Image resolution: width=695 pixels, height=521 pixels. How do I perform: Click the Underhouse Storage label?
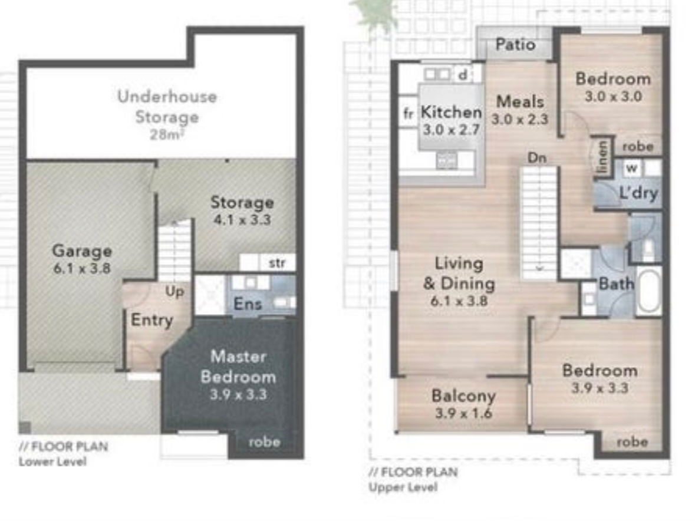(167, 107)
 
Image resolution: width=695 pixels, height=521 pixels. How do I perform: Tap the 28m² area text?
(166, 134)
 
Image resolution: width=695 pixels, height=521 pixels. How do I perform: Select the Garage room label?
(82, 250)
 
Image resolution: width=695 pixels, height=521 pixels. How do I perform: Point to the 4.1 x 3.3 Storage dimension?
(242, 220)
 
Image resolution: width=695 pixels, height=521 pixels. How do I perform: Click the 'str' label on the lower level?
(277, 263)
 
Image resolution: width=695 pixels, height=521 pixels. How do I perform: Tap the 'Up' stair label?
(174, 292)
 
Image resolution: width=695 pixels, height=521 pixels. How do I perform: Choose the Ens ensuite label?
(248, 304)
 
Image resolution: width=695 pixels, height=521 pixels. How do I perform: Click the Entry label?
(151, 320)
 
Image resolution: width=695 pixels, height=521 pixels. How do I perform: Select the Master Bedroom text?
(239, 367)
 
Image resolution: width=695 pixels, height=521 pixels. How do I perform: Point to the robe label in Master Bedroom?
(264, 441)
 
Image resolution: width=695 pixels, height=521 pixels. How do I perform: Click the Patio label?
(515, 44)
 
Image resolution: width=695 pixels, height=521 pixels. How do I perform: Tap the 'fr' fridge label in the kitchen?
(409, 113)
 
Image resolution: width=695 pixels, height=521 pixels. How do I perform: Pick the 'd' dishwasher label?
(463, 74)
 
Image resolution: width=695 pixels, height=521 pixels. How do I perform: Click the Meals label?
(520, 101)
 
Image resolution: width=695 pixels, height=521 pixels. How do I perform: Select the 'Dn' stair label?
(537, 158)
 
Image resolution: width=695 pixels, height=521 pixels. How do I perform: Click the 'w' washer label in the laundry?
(632, 168)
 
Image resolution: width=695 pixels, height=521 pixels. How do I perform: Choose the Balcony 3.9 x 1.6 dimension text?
(463, 413)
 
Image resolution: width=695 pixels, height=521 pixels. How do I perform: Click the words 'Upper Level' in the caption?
(403, 487)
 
